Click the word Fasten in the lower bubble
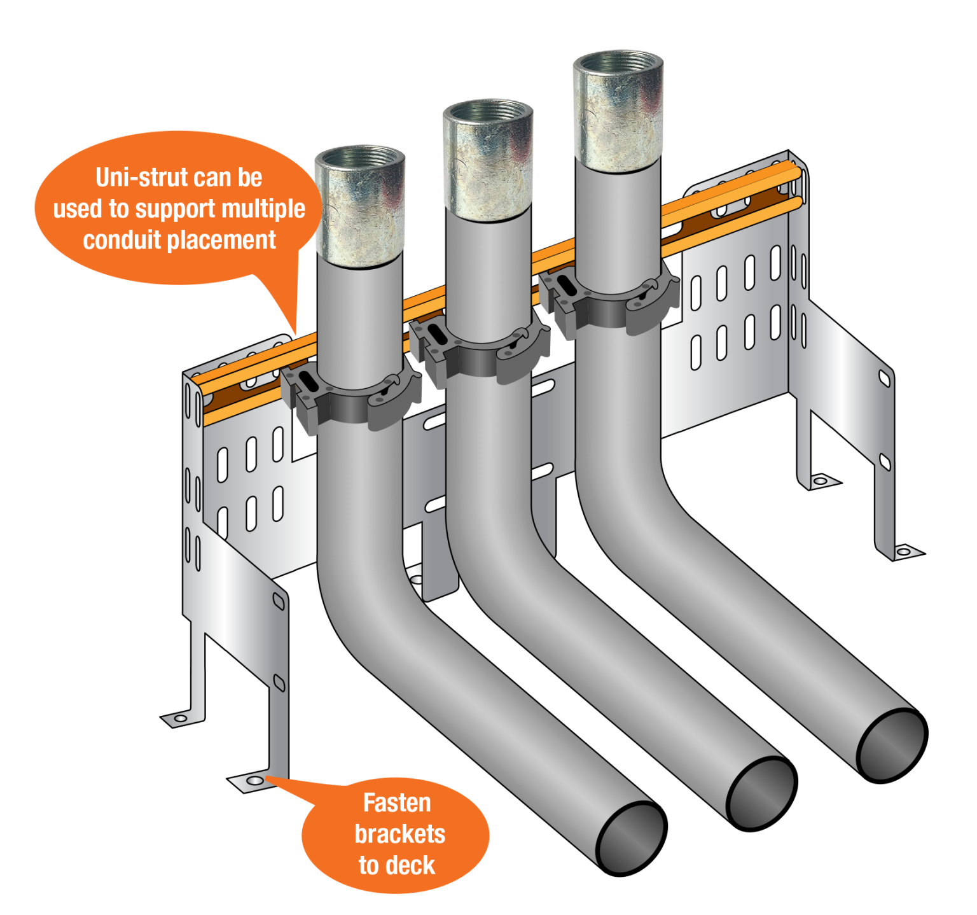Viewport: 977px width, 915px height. click(x=397, y=803)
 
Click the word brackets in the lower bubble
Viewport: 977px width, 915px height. click(x=399, y=834)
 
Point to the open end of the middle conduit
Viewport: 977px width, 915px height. click(x=760, y=792)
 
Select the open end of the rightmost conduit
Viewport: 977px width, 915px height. click(x=890, y=744)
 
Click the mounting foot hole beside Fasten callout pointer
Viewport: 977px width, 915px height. click(x=254, y=780)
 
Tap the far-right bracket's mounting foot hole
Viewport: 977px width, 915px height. click(x=903, y=551)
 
